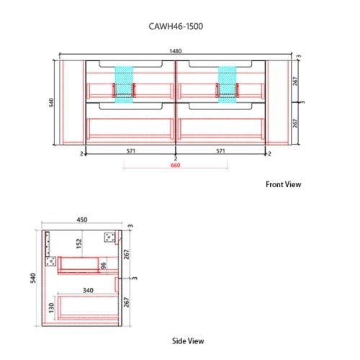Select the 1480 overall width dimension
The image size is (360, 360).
[175, 51]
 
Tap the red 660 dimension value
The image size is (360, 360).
[175, 166]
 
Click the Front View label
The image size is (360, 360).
[284, 184]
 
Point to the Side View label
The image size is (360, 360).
[189, 340]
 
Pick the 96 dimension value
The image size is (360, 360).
[102, 266]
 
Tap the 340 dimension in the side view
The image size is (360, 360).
[87, 291]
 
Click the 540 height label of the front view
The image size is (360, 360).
[51, 103]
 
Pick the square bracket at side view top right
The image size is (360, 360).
[112, 237]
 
